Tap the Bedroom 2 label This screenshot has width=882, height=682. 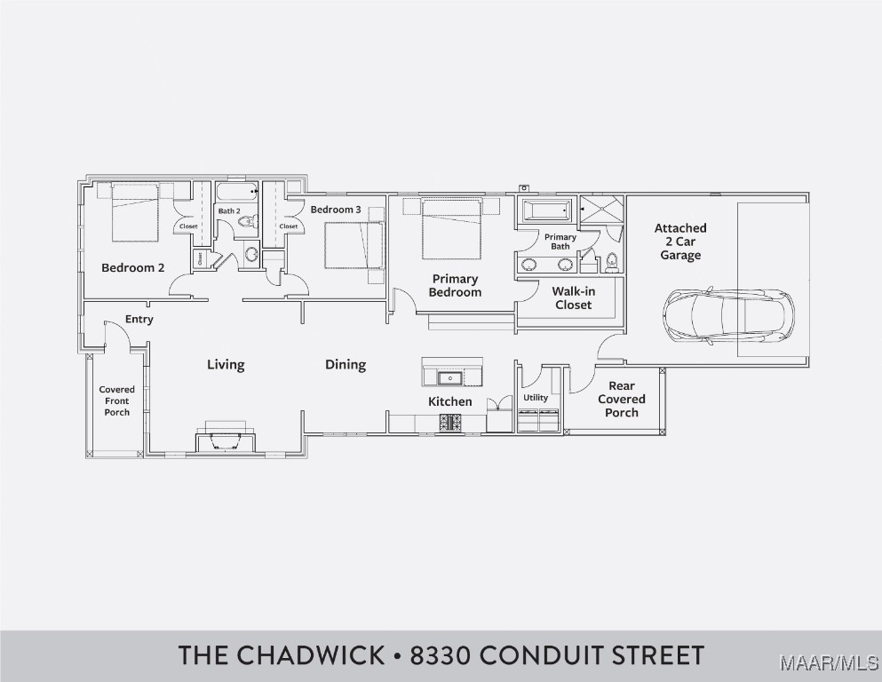point(132,267)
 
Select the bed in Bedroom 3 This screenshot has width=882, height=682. point(354,245)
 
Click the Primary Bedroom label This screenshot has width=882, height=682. point(455,286)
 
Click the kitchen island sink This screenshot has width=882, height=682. point(450,377)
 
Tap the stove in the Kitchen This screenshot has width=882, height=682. point(450,423)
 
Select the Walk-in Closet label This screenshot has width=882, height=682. point(573,298)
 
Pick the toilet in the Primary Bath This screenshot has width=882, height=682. point(611,263)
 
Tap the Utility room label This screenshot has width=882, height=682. point(536,398)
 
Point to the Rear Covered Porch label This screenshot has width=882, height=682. point(622,400)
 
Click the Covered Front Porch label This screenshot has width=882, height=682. point(117,400)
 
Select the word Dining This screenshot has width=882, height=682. point(346,365)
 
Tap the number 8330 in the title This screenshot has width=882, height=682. point(442,655)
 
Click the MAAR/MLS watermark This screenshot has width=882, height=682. point(829,664)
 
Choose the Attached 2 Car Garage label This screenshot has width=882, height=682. point(680,242)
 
